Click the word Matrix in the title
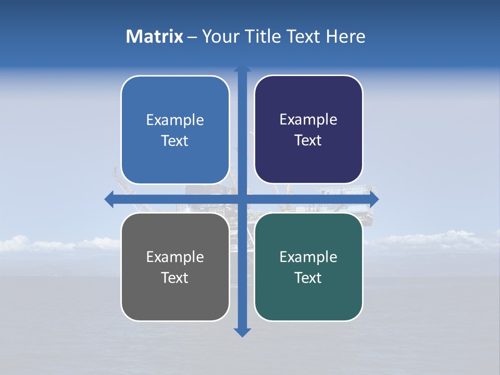tap(154, 36)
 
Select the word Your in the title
tap(219, 36)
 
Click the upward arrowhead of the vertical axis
tap(242, 70)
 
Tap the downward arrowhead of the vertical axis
tap(242, 332)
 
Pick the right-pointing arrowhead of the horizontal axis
tap(373, 199)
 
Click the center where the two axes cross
tap(242, 199)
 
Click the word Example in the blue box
tap(175, 120)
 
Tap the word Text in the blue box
tap(175, 141)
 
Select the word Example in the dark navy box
tap(308, 120)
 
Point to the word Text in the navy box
tap(308, 141)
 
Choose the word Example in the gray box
tap(175, 257)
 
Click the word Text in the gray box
tap(175, 278)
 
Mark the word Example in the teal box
tap(308, 257)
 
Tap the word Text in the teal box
tap(308, 278)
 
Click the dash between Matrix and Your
tap(192, 37)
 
